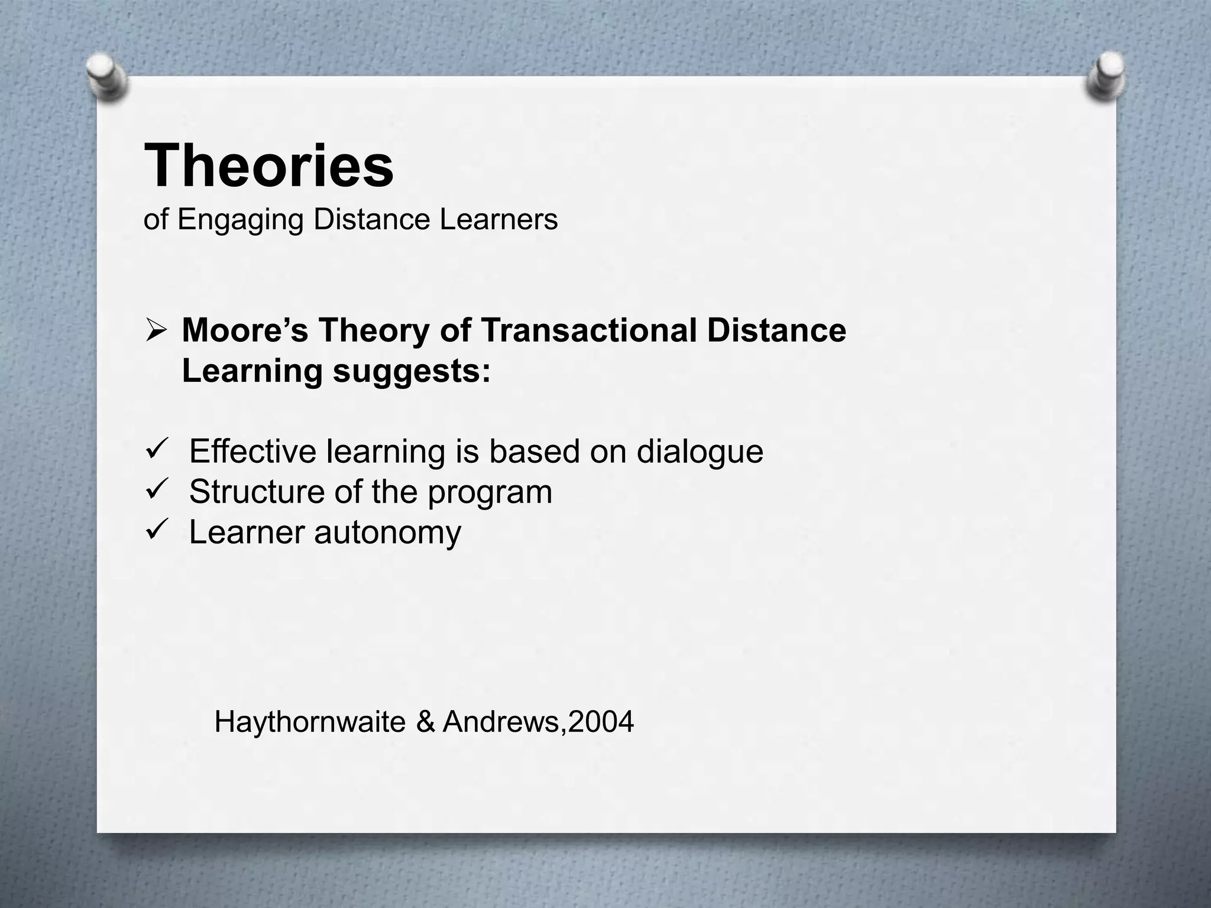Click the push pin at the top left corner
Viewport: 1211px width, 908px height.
click(106, 77)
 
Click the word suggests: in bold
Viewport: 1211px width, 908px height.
click(412, 372)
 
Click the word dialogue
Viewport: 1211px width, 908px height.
click(700, 452)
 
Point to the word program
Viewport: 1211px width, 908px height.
click(490, 493)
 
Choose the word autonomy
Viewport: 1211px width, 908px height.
click(387, 533)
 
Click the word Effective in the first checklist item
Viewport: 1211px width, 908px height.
click(252, 452)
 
